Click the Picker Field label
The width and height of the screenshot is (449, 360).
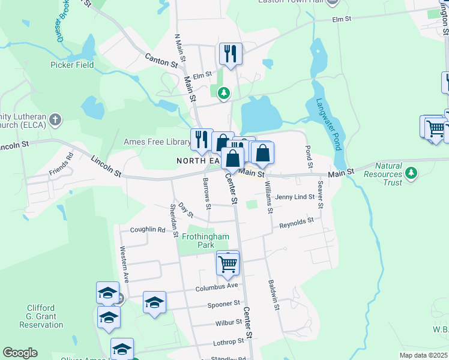[x=72, y=65]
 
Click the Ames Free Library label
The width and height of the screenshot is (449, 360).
[x=156, y=142]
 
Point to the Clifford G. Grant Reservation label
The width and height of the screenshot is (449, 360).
[x=41, y=316]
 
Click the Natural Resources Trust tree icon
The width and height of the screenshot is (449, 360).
[x=411, y=174]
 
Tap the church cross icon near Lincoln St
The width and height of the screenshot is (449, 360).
[x=55, y=119]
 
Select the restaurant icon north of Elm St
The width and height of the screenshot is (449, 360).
[x=231, y=54]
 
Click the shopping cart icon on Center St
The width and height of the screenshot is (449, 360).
[x=228, y=263]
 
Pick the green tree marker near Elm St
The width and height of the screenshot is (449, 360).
[x=223, y=93]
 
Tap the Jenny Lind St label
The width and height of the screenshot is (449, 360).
[x=295, y=197]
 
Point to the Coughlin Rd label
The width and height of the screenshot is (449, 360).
[x=147, y=229]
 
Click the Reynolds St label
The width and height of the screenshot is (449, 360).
[x=297, y=223]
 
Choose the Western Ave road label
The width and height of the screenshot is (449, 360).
[x=125, y=265]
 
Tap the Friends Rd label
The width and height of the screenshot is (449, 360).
[x=61, y=164]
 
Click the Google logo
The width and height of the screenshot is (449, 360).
[x=20, y=353]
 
